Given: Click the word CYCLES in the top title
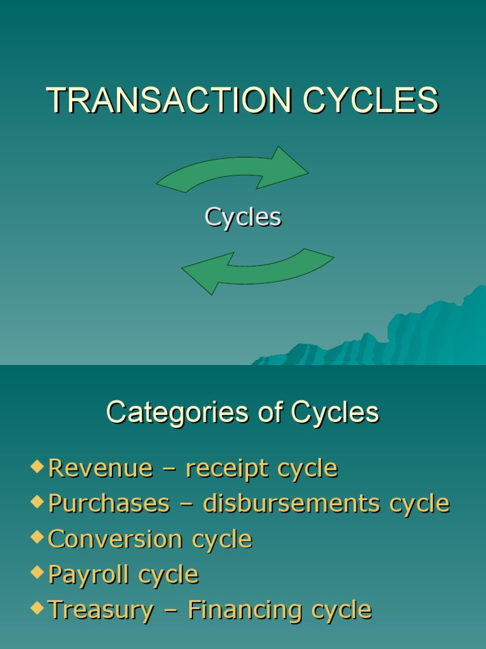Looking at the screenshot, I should click(x=370, y=100).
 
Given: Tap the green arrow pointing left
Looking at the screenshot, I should click(x=257, y=269).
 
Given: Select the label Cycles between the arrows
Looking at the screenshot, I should click(x=243, y=217).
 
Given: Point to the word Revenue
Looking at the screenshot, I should click(x=101, y=468).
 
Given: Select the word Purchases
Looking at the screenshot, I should click(x=109, y=504).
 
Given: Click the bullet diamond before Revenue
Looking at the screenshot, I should click(x=37, y=467).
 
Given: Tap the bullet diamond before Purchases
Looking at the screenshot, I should click(x=37, y=503).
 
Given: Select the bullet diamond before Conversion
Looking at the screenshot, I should click(x=37, y=538).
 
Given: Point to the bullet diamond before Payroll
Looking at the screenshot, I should click(x=37, y=574).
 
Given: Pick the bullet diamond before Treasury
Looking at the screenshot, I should click(x=37, y=609).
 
